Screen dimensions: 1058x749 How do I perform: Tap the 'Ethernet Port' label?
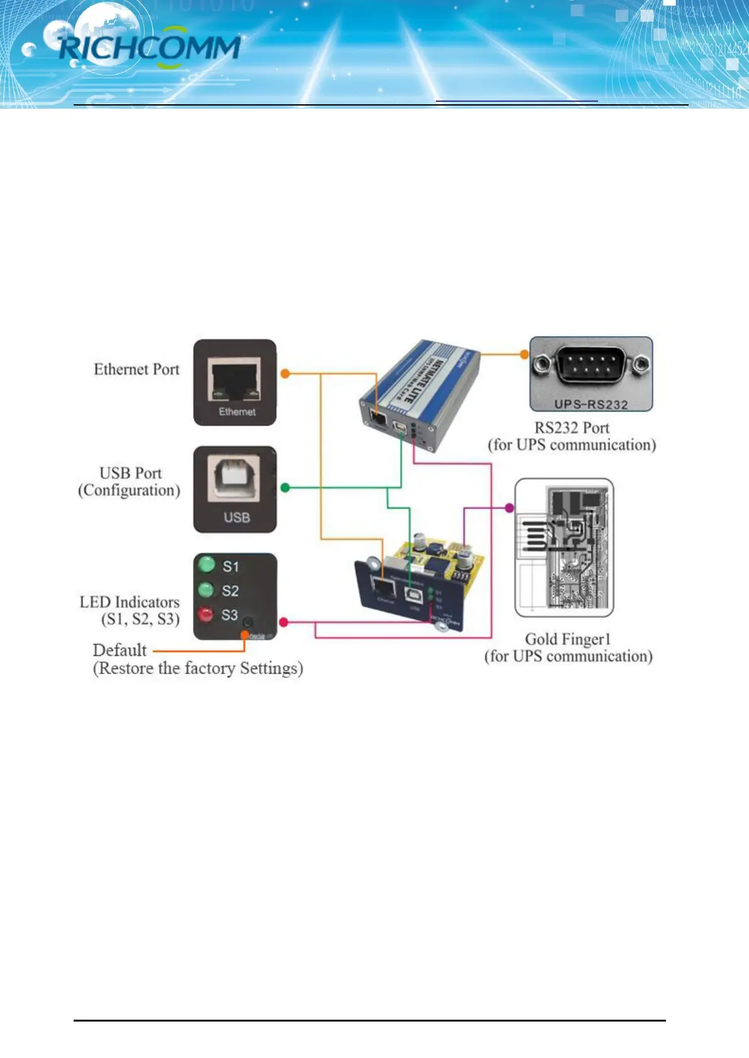pyautogui.click(x=136, y=369)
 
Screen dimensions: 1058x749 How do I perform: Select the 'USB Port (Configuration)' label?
pyautogui.click(x=129, y=481)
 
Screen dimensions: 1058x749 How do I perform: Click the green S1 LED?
pyautogui.click(x=206, y=564)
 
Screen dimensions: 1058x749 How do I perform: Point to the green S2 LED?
pyautogui.click(x=206, y=589)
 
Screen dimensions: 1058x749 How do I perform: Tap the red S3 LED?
pyautogui.click(x=206, y=614)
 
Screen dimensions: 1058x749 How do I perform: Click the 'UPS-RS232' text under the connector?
pyautogui.click(x=591, y=405)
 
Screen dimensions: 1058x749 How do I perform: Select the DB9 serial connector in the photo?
pyautogui.click(x=591, y=364)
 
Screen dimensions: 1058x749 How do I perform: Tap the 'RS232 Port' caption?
pyautogui.click(x=572, y=428)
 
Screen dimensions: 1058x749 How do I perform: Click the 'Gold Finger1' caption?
pyautogui.click(x=568, y=639)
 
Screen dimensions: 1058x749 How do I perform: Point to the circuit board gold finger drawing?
pyautogui.click(x=564, y=547)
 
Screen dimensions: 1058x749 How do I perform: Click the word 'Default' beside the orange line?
pyautogui.click(x=119, y=650)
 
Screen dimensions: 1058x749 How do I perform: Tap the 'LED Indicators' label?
pyautogui.click(x=130, y=603)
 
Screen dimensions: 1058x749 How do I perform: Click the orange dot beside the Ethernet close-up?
pyautogui.click(x=285, y=374)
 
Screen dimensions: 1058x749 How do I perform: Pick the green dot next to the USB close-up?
pyautogui.click(x=285, y=488)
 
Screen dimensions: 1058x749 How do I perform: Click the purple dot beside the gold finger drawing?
pyautogui.click(x=509, y=508)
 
